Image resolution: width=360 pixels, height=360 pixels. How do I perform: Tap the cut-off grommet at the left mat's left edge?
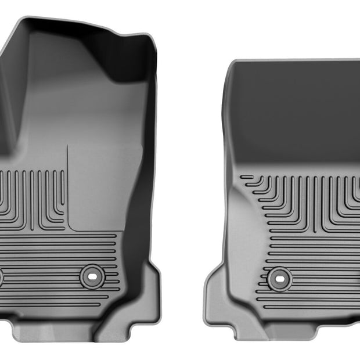1,276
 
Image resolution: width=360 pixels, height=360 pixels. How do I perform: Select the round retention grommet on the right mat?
279,278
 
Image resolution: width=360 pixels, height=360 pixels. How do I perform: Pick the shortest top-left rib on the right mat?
247,177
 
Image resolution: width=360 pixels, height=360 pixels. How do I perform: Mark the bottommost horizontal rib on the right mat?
314,307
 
